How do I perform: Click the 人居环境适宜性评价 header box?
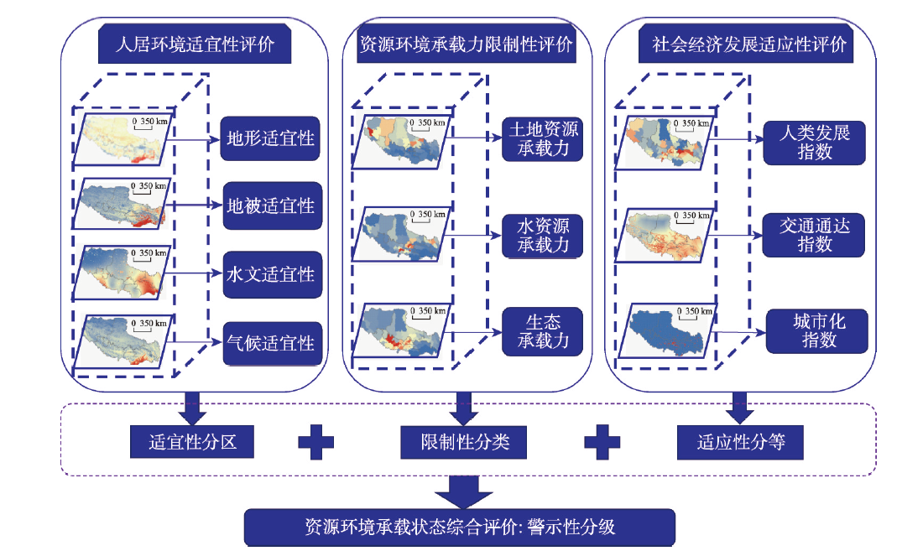tap(195, 44)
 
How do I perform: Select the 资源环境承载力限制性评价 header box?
tap(466, 44)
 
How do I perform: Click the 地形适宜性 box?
tap(271, 138)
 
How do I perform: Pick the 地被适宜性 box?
tap(271, 205)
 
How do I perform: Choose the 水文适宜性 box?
tap(271, 274)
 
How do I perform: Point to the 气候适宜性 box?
tap(271, 343)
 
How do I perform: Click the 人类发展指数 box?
tap(813, 143)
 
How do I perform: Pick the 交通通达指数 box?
tap(813, 235)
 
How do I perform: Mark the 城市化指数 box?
tap(813, 330)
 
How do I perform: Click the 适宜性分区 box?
tap(194, 442)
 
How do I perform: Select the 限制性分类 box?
tap(465, 442)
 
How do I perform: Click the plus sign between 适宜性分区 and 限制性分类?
tap(315, 442)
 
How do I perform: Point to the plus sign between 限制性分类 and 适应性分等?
tap(602, 442)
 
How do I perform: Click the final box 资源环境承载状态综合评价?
tap(459, 528)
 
